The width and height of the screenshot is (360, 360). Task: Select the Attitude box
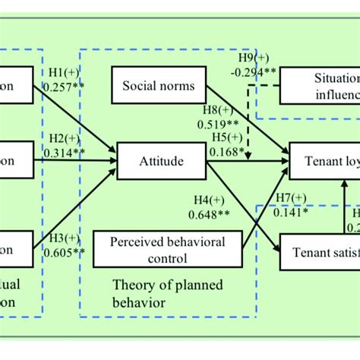[160, 161]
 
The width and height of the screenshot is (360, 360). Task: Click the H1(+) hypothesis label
[65, 72]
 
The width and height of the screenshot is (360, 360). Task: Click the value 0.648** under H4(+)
[213, 214]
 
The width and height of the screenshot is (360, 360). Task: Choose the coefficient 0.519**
[219, 124]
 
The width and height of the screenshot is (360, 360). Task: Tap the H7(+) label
[291, 198]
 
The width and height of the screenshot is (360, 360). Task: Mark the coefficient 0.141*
[291, 212]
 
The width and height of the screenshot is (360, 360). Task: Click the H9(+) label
[253, 58]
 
